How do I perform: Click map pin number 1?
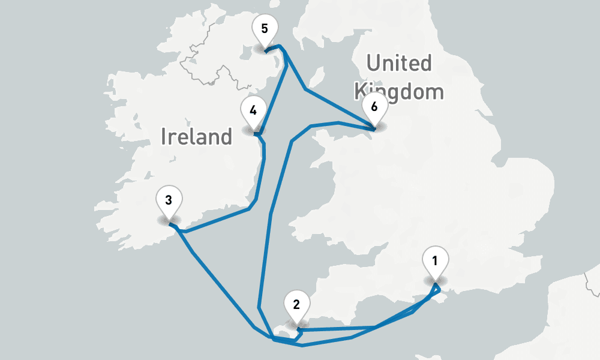[x=435, y=262]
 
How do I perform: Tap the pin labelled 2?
[x=296, y=305]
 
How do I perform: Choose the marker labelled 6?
[x=374, y=109]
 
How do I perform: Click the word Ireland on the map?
[x=196, y=137]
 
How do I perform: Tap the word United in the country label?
[x=399, y=62]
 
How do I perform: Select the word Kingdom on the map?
[x=399, y=92]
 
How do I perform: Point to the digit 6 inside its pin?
[x=374, y=107]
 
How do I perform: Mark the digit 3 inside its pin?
[x=169, y=200]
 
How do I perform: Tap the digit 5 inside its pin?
[x=265, y=28]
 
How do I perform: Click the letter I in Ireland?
[x=164, y=137]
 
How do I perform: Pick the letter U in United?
[x=374, y=62]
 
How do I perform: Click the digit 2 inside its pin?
[x=296, y=304]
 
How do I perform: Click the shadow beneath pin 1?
[x=435, y=280]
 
